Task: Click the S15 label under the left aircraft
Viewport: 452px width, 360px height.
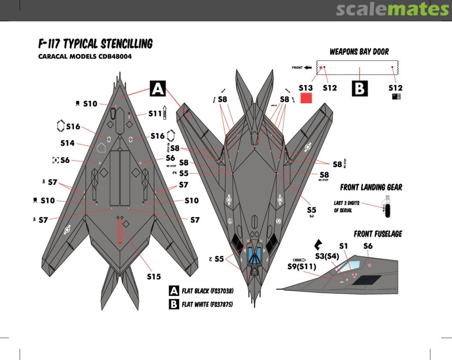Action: click(x=154, y=276)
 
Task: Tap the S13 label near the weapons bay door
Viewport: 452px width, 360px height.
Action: click(x=306, y=88)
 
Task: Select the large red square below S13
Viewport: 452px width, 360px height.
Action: click(x=307, y=98)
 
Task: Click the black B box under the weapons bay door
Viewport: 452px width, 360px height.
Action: click(x=360, y=88)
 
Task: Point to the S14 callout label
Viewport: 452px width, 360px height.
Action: click(x=67, y=143)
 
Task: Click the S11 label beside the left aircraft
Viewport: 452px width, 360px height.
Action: click(x=155, y=113)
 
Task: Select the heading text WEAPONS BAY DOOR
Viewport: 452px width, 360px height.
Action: click(x=359, y=52)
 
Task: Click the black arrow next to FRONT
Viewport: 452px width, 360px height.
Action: click(x=308, y=67)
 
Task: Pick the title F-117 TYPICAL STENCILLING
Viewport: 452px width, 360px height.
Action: click(x=95, y=44)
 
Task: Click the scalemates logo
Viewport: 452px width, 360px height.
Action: click(x=392, y=9)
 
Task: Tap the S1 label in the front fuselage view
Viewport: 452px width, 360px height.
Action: click(x=344, y=246)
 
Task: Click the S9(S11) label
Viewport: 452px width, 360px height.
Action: click(x=301, y=266)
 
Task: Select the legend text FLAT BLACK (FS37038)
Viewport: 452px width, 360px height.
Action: click(x=208, y=291)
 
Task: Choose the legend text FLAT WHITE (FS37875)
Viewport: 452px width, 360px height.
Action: click(x=207, y=304)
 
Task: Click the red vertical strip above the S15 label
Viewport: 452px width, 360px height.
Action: click(x=120, y=232)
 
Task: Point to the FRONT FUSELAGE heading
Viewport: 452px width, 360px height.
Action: click(x=378, y=234)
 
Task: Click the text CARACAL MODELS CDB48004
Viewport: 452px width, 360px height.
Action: click(x=85, y=56)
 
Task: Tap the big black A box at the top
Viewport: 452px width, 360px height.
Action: click(x=157, y=89)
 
